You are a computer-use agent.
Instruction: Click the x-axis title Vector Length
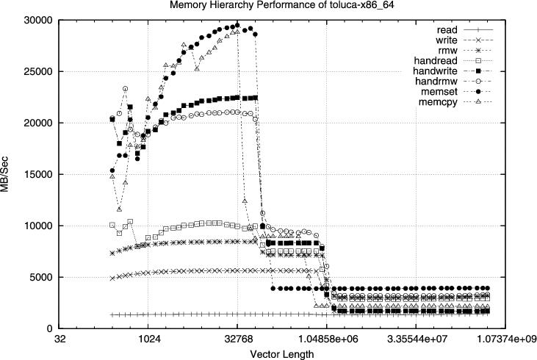click(282, 353)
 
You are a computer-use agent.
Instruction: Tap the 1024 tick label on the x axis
click(148, 339)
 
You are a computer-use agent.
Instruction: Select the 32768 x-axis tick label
click(237, 339)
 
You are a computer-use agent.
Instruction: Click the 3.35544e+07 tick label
click(416, 339)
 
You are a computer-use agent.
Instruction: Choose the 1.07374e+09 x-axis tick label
click(505, 339)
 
